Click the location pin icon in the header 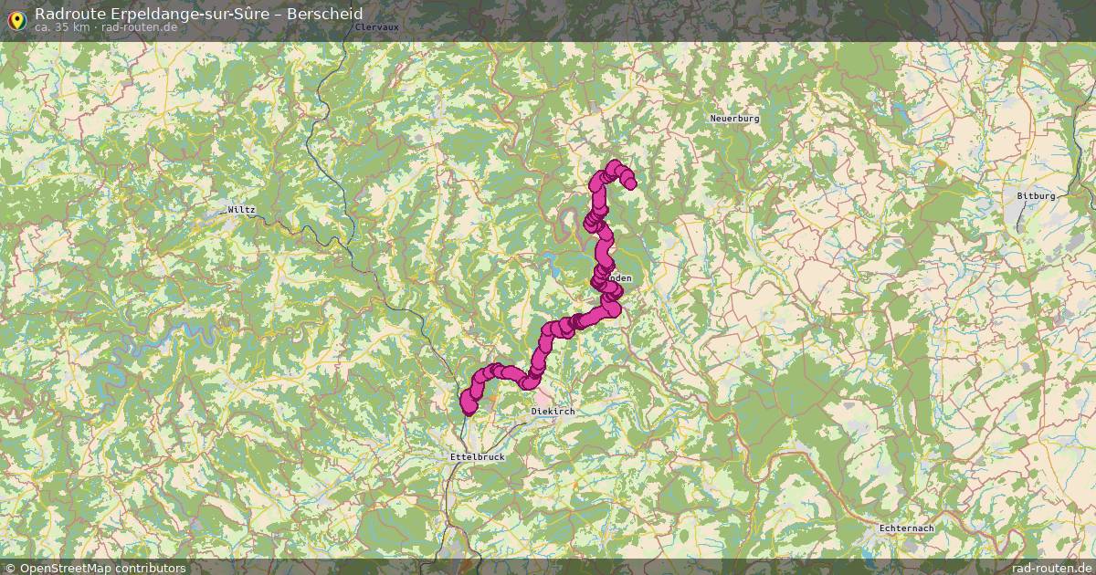click(16, 19)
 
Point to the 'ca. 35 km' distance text click(62, 27)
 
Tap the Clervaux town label click(376, 27)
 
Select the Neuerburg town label click(734, 119)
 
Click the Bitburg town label click(1036, 196)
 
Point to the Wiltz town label click(242, 210)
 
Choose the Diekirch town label click(553, 413)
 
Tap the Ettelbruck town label click(477, 456)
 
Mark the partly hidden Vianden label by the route click(621, 278)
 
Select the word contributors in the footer click(154, 568)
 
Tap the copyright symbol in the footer click(9, 568)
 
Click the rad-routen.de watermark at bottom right click(1050, 568)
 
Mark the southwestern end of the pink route click(468, 406)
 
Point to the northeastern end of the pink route click(630, 183)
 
